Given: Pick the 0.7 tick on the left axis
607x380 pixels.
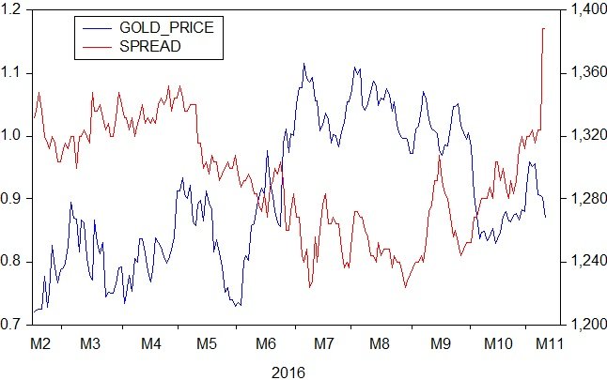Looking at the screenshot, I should [x=16, y=325].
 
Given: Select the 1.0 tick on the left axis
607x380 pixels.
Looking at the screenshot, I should [x=16, y=136].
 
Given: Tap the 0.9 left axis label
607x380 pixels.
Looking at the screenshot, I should [x=16, y=199].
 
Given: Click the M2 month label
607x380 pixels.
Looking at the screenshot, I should [x=40, y=344].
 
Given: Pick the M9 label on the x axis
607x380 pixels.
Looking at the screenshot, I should [x=440, y=344].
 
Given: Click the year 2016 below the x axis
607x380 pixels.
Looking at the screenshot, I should [x=288, y=372].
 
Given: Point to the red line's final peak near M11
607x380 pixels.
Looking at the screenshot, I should [x=544, y=29].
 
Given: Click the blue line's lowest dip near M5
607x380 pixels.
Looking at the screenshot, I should [x=238, y=306].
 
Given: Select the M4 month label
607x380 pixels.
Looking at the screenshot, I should [x=151, y=344].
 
